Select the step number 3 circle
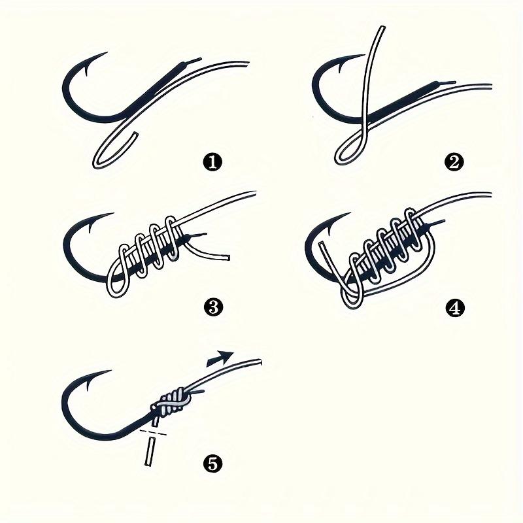tap(211, 307)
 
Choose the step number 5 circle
tap(212, 464)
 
